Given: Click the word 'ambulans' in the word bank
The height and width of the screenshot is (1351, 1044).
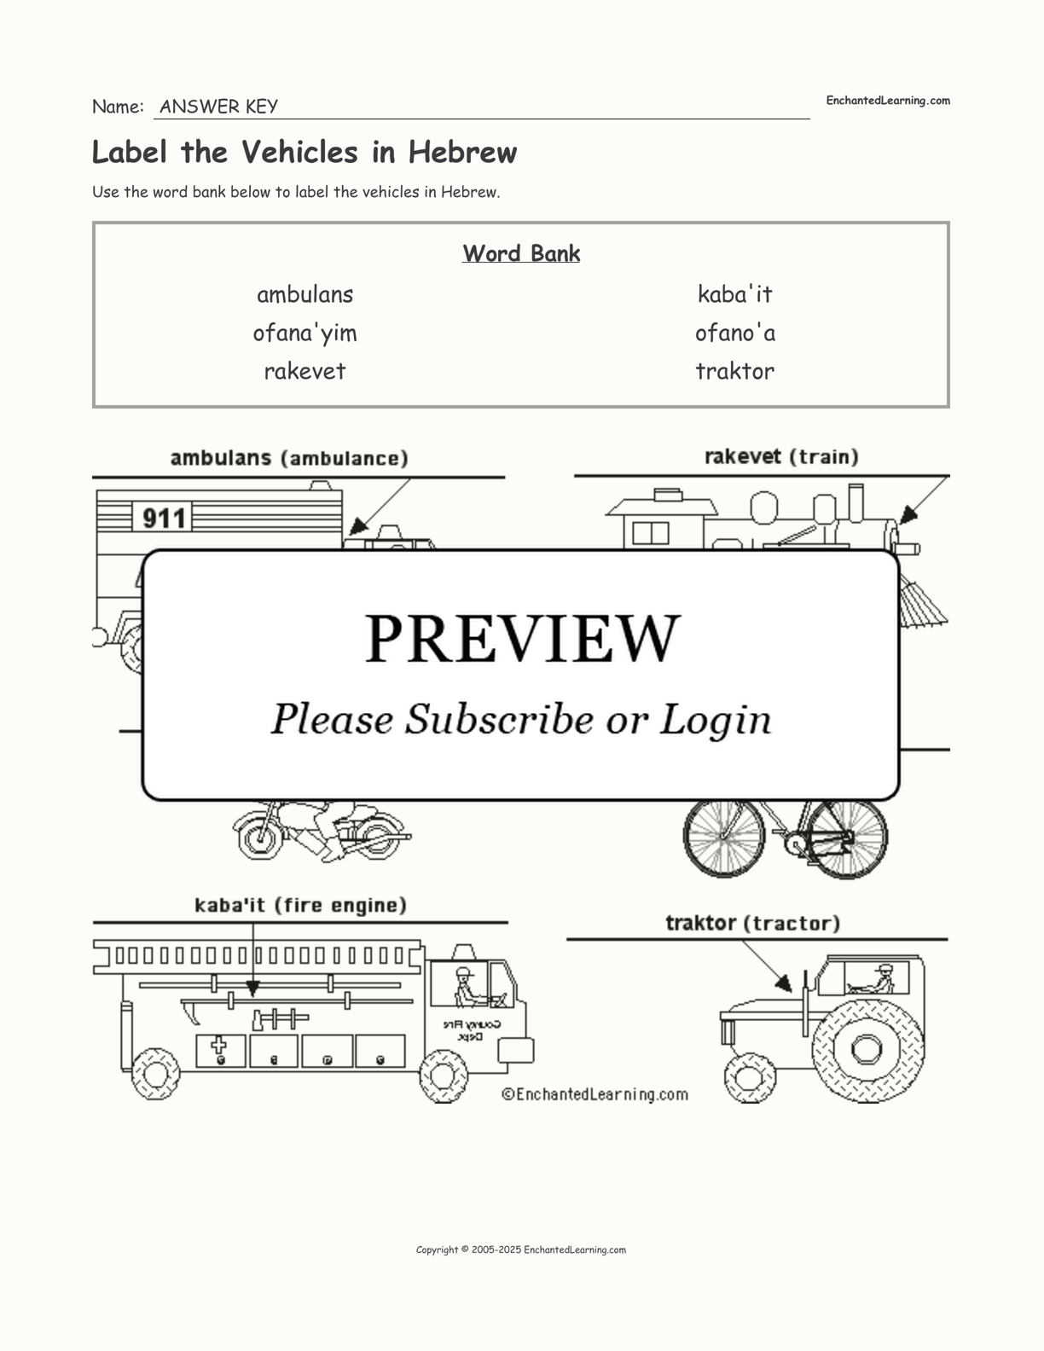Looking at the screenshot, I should pyautogui.click(x=304, y=294).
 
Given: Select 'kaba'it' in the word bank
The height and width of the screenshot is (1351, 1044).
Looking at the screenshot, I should pyautogui.click(x=734, y=294).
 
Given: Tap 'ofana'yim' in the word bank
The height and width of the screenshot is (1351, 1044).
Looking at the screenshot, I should pyautogui.click(x=304, y=333).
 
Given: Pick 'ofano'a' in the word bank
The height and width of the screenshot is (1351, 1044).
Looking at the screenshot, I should pyautogui.click(x=734, y=333).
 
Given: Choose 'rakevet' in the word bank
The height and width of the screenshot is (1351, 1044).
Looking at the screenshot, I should pyautogui.click(x=304, y=371).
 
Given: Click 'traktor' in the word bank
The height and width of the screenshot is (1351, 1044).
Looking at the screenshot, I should pyautogui.click(x=734, y=371).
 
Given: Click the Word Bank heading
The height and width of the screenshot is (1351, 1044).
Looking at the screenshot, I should pyautogui.click(x=521, y=253).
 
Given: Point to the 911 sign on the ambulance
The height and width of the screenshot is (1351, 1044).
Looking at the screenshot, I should pyautogui.click(x=163, y=518).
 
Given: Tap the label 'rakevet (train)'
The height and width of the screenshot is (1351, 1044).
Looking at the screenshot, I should pyautogui.click(x=781, y=457).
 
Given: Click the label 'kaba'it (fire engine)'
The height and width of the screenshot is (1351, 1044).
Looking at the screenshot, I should pyautogui.click(x=300, y=905).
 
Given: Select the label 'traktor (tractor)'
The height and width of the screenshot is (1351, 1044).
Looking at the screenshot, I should pyautogui.click(x=752, y=923).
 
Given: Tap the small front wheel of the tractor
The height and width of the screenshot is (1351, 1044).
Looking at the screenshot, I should pyautogui.click(x=750, y=1077).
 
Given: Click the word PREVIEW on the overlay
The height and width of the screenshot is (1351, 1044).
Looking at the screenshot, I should pyautogui.click(x=522, y=638).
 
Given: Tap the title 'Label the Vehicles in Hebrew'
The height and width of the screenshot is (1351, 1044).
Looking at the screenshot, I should pyautogui.click(x=304, y=153).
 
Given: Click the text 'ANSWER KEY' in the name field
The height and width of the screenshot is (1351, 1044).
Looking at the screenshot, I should pyautogui.click(x=218, y=107).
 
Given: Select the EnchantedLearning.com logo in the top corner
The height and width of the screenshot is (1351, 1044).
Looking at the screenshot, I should pyautogui.click(x=887, y=101).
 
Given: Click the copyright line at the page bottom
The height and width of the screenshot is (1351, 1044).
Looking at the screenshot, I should pyautogui.click(x=521, y=1250).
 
